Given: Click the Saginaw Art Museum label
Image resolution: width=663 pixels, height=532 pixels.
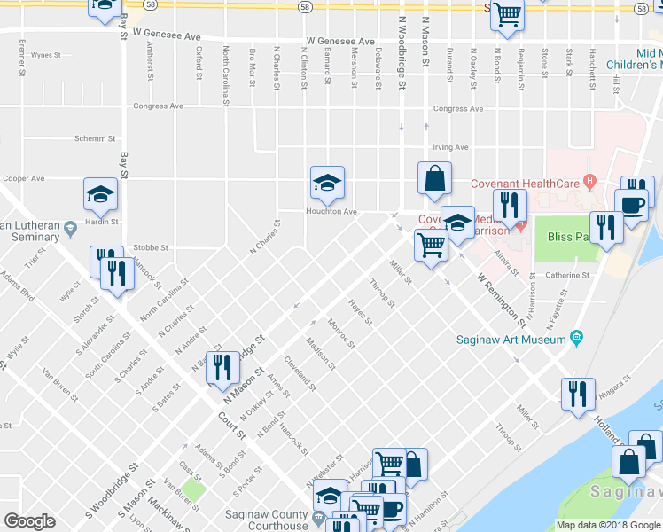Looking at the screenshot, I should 511,340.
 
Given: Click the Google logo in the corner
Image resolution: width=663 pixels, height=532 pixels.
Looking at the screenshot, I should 29,521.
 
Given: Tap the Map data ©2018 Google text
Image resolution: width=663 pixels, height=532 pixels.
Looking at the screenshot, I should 607,525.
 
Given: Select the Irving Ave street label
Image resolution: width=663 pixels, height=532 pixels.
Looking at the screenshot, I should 449,148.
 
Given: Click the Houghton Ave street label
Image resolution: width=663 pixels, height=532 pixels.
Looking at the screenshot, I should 331,212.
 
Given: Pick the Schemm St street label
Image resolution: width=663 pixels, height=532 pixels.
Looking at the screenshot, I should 95,139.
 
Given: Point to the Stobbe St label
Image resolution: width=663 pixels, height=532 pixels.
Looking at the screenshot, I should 150,247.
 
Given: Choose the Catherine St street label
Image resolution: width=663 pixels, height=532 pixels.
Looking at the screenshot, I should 567,275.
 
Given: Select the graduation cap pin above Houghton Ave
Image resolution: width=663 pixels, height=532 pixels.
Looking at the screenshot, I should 327,183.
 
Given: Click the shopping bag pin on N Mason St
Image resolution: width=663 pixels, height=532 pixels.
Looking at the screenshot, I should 434,177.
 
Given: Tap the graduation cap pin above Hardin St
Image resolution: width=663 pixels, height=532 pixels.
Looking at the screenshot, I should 100,194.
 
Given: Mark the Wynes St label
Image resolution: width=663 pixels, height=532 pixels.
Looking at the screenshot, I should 43,55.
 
